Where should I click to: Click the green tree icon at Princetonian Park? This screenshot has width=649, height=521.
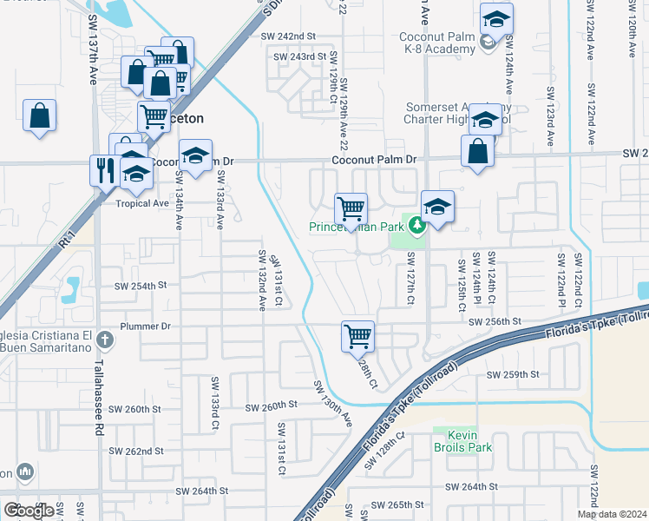point(417,227)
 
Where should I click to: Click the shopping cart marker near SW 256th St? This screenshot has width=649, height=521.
point(357,335)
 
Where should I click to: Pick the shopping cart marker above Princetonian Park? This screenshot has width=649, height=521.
point(351,208)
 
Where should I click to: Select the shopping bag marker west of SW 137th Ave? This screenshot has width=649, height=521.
point(39,115)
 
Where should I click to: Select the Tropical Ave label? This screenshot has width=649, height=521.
point(142,204)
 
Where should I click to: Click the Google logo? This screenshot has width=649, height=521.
point(29,510)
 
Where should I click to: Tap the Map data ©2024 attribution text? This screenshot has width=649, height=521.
point(613,514)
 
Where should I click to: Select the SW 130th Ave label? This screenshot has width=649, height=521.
point(333,403)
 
